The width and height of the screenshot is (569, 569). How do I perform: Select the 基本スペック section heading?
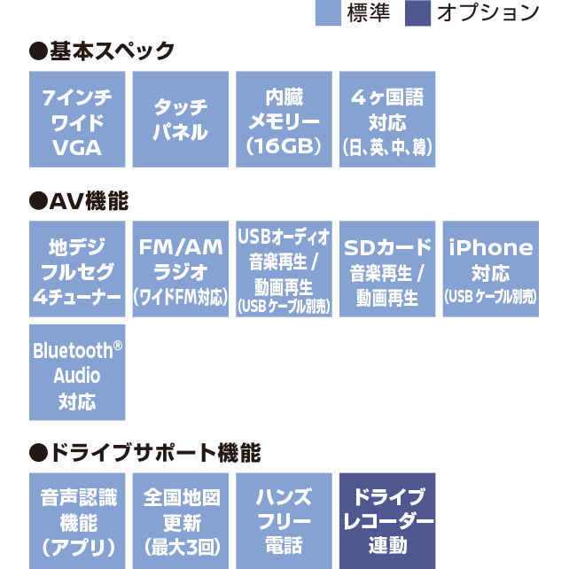[x=102, y=51]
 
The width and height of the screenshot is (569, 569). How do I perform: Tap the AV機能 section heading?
[x=79, y=201]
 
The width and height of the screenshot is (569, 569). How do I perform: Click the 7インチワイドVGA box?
[x=77, y=120]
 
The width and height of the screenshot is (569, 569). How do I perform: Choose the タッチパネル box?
[x=181, y=120]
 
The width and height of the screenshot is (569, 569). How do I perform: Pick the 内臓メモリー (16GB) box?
[x=284, y=120]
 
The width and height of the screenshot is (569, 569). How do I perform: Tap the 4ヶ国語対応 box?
[x=387, y=120]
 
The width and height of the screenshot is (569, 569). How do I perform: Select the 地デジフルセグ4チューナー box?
[x=77, y=269]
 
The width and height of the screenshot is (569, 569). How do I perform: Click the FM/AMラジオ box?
[x=181, y=269]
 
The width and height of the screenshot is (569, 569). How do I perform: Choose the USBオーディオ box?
[x=284, y=269]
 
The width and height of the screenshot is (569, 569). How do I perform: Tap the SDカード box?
[x=387, y=269]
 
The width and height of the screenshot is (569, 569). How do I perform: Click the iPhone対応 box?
[x=491, y=269]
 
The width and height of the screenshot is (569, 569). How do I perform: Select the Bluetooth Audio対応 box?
[x=77, y=372]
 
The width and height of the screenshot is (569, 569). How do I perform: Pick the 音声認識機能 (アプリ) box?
[x=77, y=520]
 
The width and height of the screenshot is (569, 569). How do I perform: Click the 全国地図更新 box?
[x=181, y=520]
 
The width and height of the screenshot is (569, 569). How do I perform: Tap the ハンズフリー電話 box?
[x=284, y=520]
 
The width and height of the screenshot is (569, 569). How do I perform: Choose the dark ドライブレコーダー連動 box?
[x=387, y=520]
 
